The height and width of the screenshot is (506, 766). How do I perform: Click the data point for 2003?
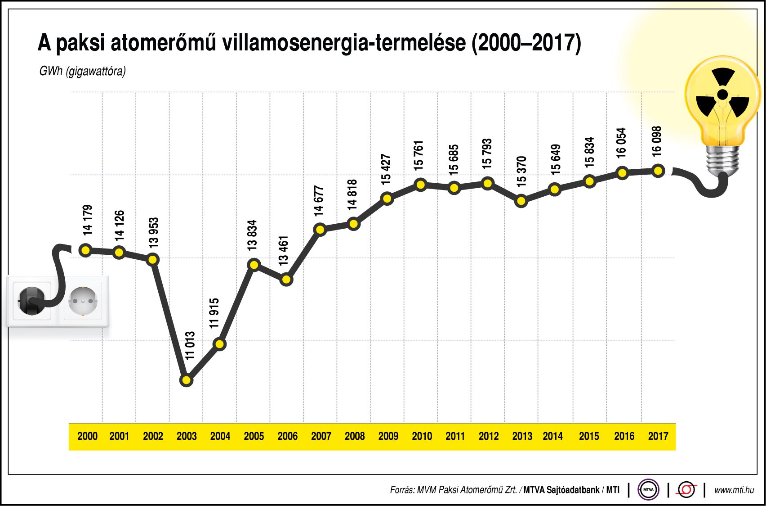(186, 380)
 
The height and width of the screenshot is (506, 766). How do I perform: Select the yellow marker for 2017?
(658, 171)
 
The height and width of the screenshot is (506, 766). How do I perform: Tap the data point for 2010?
(421, 185)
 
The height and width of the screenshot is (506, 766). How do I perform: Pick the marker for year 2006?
(286, 280)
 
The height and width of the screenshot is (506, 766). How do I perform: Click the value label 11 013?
(191, 345)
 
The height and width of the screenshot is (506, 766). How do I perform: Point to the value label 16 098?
(657, 141)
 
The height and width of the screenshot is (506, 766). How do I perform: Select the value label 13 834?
(252, 235)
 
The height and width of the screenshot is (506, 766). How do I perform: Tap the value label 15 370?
(521, 172)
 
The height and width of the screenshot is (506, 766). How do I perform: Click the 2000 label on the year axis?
(87, 436)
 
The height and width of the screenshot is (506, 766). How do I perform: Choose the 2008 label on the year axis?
(355, 436)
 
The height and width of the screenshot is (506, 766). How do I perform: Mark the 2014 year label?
(552, 436)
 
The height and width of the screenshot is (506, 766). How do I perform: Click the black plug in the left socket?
(30, 301)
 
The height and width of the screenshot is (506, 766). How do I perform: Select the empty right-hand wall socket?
(83, 301)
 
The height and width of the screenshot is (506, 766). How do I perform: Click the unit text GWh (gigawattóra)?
(82, 71)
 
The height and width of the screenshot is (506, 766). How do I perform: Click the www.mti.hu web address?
(734, 490)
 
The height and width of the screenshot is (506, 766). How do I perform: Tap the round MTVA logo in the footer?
(648, 490)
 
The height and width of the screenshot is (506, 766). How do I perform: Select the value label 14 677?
(319, 201)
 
